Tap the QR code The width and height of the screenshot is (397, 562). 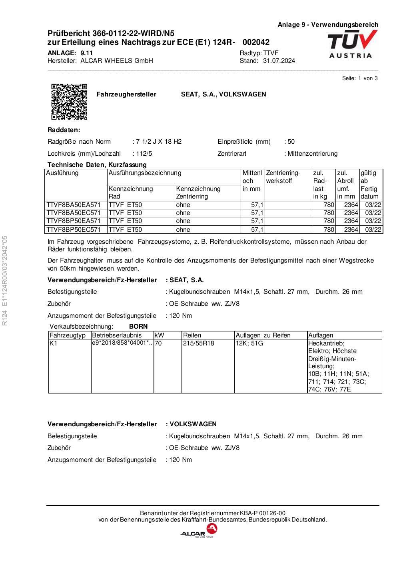pos(69,102)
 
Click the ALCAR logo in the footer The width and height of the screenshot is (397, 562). pos(199,531)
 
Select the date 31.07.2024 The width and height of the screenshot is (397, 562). pos(279,61)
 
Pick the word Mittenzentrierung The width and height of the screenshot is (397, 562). pos(312,154)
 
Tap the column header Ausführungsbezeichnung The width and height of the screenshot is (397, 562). pos(145,173)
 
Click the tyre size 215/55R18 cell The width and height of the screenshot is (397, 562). pos(199,343)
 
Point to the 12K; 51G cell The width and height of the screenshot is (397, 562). pos(249,343)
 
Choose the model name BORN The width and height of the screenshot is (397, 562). pos(138,327)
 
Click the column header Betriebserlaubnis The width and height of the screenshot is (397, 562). pos(117,335)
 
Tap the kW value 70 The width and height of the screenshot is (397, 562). pos(158,343)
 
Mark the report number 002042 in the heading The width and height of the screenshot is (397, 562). pos(256,42)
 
